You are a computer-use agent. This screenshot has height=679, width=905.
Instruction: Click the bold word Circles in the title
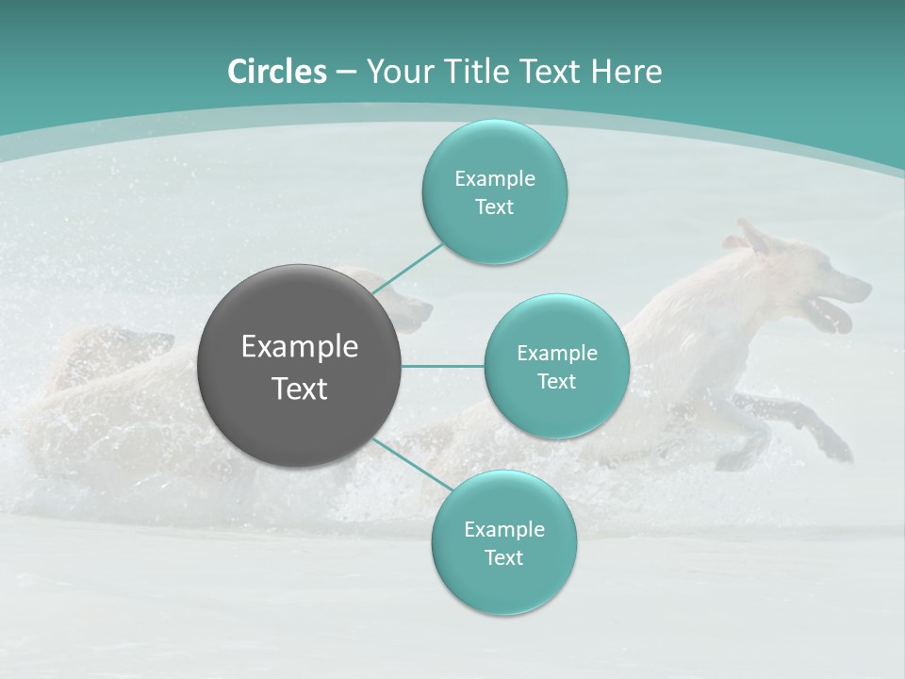coord(276,72)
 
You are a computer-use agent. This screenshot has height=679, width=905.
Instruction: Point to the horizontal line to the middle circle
coord(443,366)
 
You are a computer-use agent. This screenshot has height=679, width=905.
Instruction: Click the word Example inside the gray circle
coord(300,347)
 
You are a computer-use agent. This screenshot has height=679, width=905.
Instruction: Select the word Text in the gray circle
coord(300,389)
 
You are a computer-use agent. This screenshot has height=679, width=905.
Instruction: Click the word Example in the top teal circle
coord(494,179)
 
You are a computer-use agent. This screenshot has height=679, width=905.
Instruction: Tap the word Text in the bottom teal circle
coord(503,558)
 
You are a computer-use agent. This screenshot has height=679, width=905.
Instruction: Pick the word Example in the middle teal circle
coord(556,354)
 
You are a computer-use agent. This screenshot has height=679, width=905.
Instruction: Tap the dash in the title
coord(346,72)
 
